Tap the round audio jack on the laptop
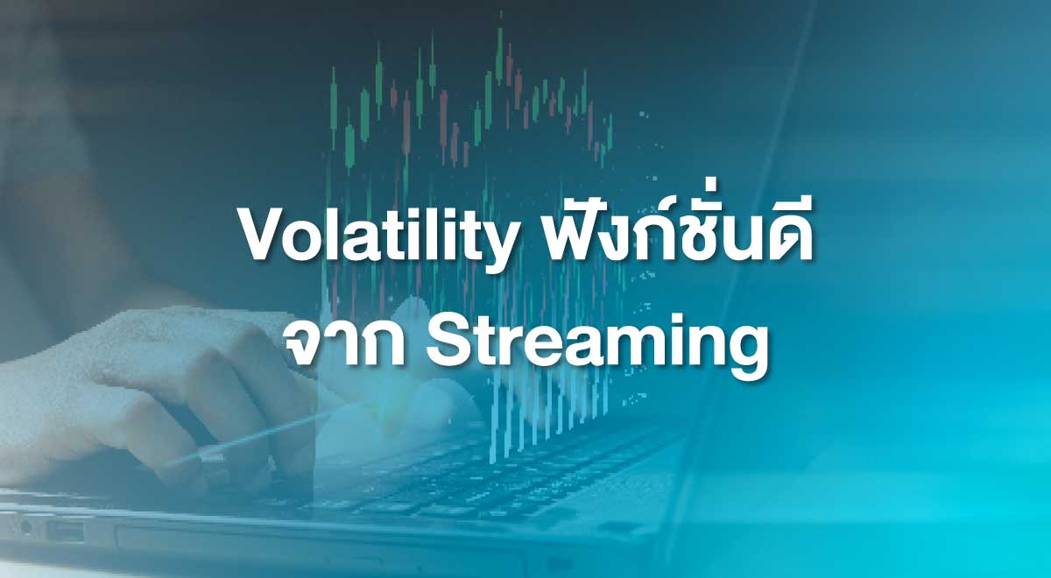[25, 527]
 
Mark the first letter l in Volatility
[347, 235]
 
